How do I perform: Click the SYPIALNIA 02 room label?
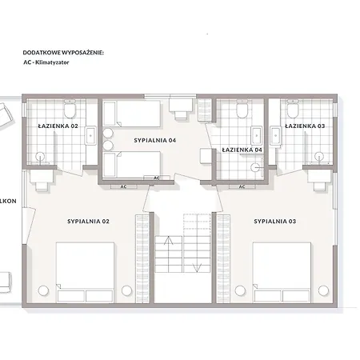[88, 222]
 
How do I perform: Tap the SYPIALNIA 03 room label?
[275, 222]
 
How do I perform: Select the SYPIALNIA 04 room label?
[155, 140]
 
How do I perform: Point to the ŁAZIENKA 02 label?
[58, 126]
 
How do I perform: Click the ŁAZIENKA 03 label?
[305, 126]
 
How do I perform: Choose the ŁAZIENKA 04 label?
[242, 150]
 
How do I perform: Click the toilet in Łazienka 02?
[70, 109]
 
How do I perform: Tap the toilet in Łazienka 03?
[293, 109]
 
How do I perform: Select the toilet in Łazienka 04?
[242, 109]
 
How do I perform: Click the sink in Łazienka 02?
[90, 136]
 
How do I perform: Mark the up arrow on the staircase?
[169, 240]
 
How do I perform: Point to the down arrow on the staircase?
[197, 268]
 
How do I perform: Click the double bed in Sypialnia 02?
[86, 272]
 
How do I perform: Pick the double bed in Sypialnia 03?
[282, 272]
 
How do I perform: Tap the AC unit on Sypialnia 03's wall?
[242, 186]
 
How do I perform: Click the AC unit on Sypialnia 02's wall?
[124, 186]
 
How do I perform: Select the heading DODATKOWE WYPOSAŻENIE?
[63, 53]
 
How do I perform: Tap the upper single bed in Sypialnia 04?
[132, 114]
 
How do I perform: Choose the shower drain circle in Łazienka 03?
[319, 156]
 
